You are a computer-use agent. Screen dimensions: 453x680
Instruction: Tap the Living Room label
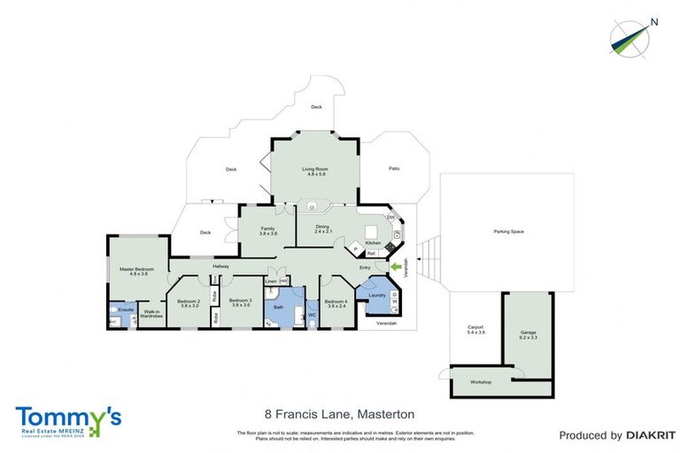[x=316, y=169]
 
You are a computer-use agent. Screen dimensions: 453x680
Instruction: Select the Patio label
[x=394, y=168]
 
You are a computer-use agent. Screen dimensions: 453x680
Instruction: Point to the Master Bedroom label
[x=137, y=269]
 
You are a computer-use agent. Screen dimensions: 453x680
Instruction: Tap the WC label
[x=312, y=315]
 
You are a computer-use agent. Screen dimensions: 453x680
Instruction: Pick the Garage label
[x=528, y=334]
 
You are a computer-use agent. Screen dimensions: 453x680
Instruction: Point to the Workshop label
[x=481, y=382]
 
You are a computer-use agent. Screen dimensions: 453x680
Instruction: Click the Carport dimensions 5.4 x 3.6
[x=476, y=334]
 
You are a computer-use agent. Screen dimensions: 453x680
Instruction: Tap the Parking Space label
[x=508, y=232]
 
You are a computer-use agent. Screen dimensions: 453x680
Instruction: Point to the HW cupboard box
[x=283, y=280]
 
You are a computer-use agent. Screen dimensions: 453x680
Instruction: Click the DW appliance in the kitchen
[x=390, y=219]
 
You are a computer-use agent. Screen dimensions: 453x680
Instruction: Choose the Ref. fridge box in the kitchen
[x=372, y=254]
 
